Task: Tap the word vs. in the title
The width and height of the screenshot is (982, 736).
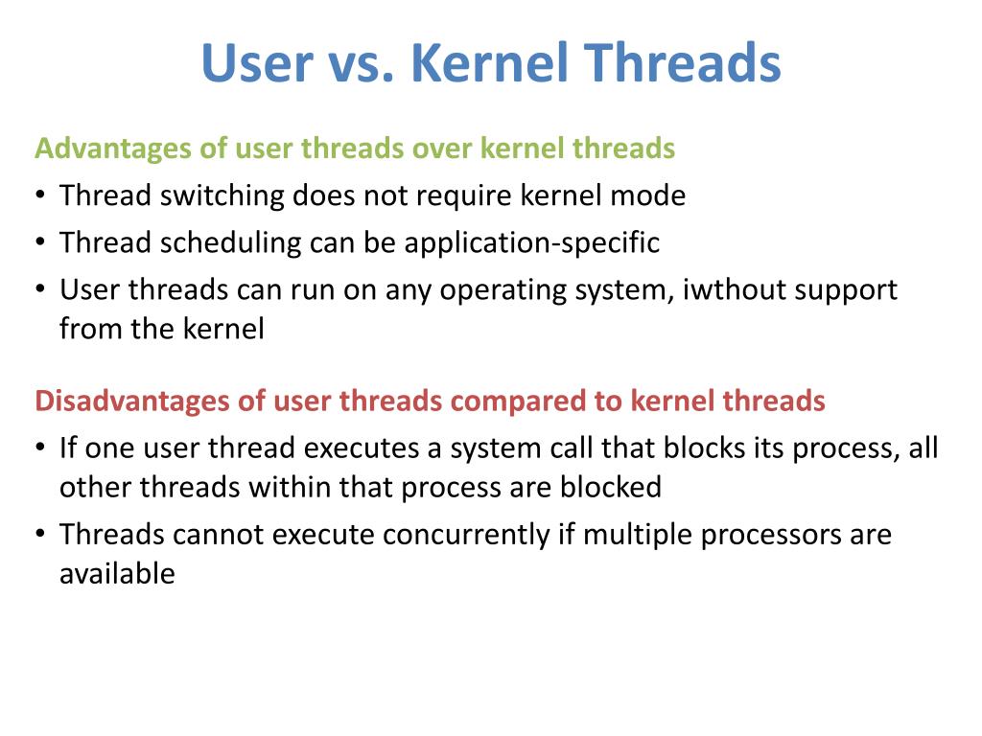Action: coord(357,63)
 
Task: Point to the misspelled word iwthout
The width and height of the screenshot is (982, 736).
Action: coord(730,289)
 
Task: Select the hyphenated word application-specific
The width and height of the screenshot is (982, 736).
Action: coord(531,243)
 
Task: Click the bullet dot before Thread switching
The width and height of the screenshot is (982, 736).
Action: coord(39,196)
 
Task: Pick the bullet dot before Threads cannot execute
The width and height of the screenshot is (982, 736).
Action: coord(39,535)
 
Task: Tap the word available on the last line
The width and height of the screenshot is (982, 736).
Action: coord(117,574)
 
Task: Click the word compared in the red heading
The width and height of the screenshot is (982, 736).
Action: coord(518,401)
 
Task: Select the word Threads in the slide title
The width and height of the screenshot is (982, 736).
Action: coord(683,63)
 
